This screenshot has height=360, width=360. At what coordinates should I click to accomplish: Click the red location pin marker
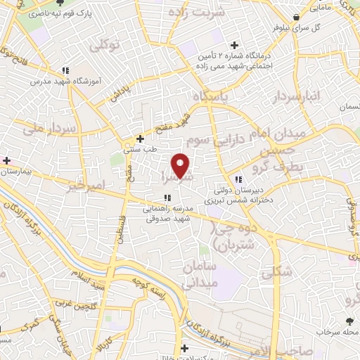(x=181, y=165)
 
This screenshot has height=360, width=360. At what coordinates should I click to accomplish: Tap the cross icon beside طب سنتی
(x=141, y=139)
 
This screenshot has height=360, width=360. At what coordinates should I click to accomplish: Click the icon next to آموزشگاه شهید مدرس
(x=65, y=70)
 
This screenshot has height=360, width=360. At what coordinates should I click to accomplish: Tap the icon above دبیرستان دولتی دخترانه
(x=239, y=179)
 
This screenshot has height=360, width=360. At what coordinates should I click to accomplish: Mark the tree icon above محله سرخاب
(x=349, y=320)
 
